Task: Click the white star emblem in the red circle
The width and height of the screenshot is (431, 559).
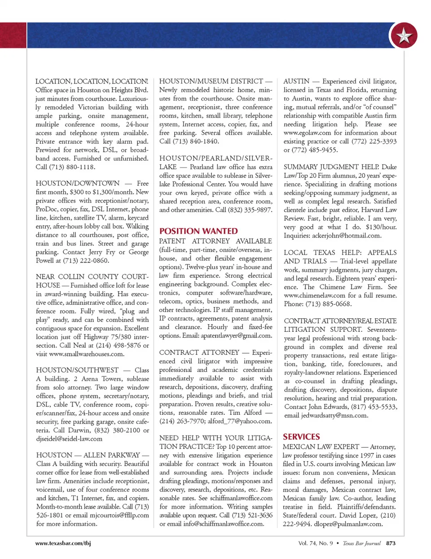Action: (404, 36)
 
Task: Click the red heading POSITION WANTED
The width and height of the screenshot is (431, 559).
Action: (198, 231)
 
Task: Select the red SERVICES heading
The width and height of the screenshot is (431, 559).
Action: (301, 436)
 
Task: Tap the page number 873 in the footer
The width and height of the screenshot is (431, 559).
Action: (391, 543)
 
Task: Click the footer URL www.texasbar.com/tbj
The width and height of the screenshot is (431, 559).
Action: (63, 543)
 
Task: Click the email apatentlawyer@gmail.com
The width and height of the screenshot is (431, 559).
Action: (236, 335)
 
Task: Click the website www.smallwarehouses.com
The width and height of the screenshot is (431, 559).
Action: (87, 354)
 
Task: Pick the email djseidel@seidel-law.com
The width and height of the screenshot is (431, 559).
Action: (69, 439)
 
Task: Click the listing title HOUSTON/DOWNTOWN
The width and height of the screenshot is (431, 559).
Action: (78, 183)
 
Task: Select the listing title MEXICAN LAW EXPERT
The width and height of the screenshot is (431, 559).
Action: (321, 447)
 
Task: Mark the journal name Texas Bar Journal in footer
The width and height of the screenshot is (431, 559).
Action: (361, 543)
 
